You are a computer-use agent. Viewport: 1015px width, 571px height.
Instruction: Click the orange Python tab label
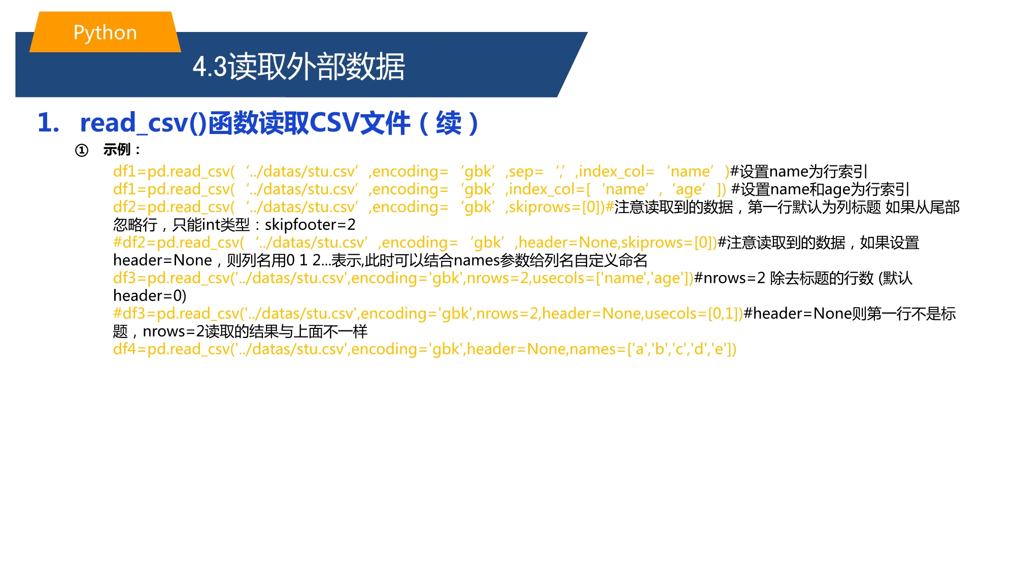(105, 32)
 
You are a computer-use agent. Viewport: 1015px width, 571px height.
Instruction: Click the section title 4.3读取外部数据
(299, 66)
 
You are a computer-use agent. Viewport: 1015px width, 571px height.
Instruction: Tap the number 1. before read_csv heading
(49, 123)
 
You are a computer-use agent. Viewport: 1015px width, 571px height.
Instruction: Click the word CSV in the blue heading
(333, 123)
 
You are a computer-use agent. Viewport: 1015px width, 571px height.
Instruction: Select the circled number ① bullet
(82, 150)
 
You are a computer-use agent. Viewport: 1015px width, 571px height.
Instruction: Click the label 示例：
(122, 150)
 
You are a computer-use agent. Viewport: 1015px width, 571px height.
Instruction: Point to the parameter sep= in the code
(526, 172)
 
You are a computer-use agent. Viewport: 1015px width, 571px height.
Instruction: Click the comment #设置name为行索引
(799, 172)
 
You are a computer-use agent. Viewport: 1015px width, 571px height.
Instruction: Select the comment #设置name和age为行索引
(820, 189)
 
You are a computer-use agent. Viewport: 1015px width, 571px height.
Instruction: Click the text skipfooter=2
(310, 224)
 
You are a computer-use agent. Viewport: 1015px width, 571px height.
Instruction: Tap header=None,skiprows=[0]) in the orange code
(618, 243)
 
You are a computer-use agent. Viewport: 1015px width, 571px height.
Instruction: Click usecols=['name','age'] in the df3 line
(611, 278)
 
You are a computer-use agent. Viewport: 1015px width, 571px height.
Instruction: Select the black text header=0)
(150, 295)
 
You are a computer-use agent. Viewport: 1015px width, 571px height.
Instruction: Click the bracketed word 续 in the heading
(449, 123)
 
